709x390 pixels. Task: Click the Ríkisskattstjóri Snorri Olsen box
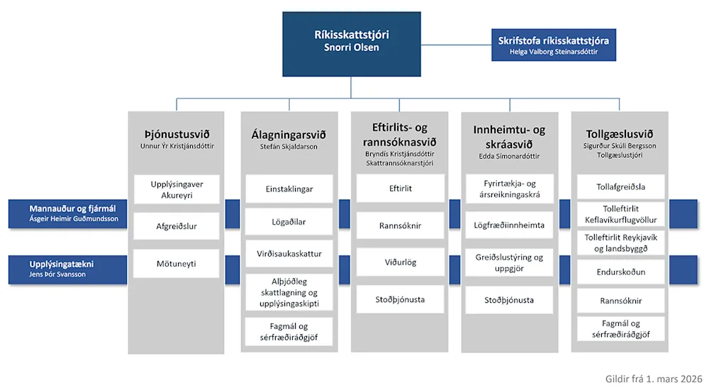click(352, 44)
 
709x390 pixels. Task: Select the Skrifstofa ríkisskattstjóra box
click(554, 45)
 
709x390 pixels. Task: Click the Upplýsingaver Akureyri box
click(177, 189)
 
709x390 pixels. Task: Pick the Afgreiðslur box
click(177, 226)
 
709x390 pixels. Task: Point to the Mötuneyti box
click(177, 263)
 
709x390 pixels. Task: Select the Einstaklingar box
click(289, 189)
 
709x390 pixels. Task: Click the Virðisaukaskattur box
click(289, 253)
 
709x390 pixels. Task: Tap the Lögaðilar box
click(289, 222)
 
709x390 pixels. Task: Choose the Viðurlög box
click(401, 262)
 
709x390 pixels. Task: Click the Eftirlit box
click(401, 188)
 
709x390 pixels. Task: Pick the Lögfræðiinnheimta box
click(509, 225)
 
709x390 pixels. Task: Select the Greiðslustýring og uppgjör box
click(509, 262)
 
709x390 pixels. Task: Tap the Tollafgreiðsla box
click(621, 187)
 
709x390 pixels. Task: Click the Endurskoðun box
click(621, 272)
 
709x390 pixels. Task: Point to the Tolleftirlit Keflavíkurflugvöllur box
click(621, 214)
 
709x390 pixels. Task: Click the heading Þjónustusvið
click(177, 135)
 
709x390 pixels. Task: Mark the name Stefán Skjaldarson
click(289, 147)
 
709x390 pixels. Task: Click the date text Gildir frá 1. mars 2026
click(654, 379)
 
